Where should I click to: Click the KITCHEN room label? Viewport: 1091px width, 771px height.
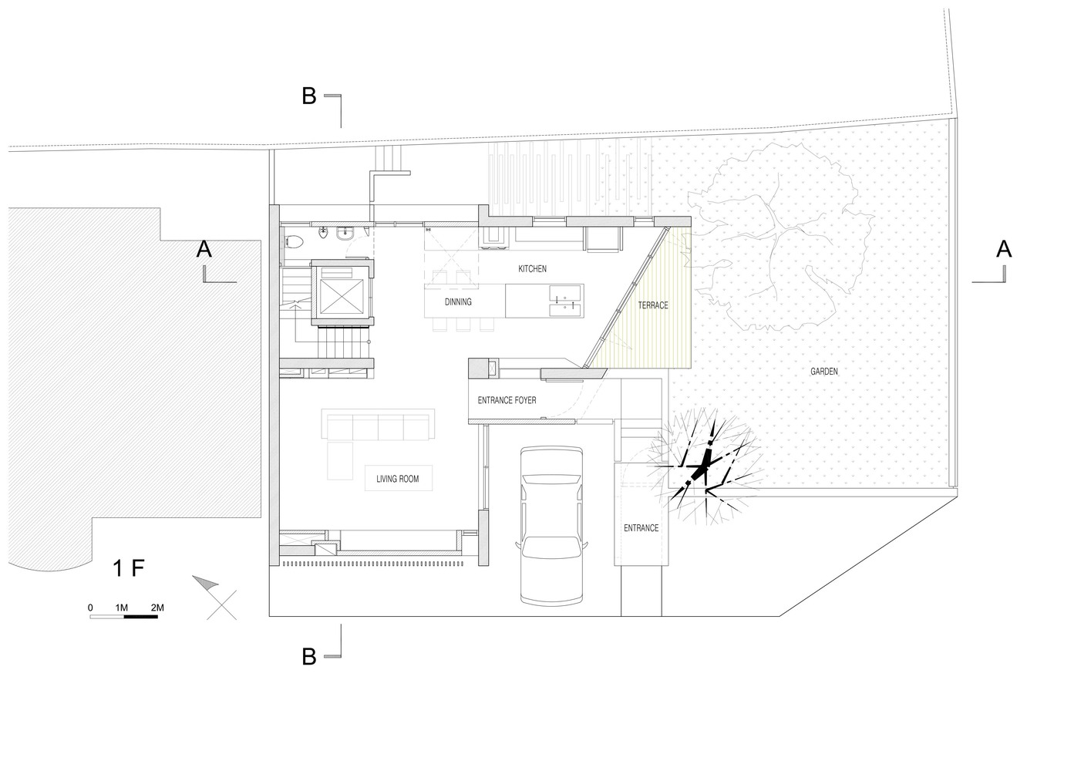point(532,269)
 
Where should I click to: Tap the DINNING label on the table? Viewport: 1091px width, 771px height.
point(458,302)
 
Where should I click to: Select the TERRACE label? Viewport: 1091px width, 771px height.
point(653,305)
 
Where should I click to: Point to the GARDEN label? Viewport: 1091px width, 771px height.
point(824,372)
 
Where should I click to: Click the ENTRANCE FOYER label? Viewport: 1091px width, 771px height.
point(507,400)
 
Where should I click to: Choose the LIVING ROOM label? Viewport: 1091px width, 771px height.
point(397,479)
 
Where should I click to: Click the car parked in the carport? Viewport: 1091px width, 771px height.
point(551,526)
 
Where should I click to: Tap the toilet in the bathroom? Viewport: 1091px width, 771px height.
point(293,241)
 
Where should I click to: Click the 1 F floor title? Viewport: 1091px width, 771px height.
point(129,568)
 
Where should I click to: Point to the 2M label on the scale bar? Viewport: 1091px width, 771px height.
point(157,608)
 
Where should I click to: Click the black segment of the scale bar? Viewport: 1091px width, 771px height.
point(141,617)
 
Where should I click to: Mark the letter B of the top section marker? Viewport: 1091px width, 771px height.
point(309,96)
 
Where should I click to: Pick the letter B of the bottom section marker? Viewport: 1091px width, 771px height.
point(309,657)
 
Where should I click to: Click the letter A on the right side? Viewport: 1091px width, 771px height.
point(1004,249)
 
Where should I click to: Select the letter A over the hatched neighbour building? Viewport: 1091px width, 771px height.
point(204,249)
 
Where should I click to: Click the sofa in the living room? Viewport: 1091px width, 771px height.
point(378,425)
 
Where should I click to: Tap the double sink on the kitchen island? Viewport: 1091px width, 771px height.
point(565,301)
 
